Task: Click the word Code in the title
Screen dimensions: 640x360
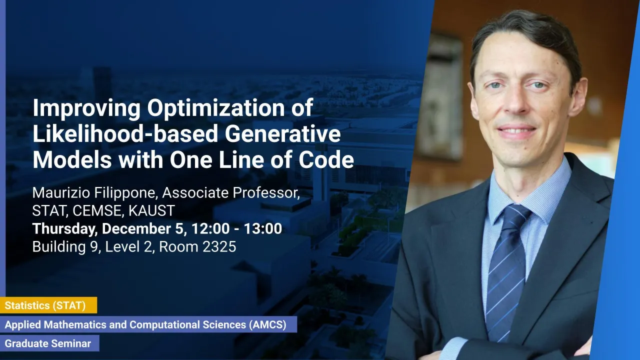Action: click(326, 159)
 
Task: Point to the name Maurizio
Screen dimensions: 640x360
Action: click(61, 193)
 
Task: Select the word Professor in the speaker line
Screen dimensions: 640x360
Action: click(266, 193)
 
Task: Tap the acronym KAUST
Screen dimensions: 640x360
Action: click(151, 211)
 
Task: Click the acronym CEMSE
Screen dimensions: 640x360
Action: click(98, 211)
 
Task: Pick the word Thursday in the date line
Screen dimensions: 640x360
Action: click(65, 229)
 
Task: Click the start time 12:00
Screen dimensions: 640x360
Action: click(210, 228)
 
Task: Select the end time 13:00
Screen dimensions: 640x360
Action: click(263, 228)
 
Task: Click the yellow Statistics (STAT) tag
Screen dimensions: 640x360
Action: click(48, 305)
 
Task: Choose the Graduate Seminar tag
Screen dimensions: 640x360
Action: click(49, 343)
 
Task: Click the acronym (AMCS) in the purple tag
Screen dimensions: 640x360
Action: click(267, 325)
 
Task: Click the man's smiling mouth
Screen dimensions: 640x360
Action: click(516, 131)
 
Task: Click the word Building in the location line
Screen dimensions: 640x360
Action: click(59, 247)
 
